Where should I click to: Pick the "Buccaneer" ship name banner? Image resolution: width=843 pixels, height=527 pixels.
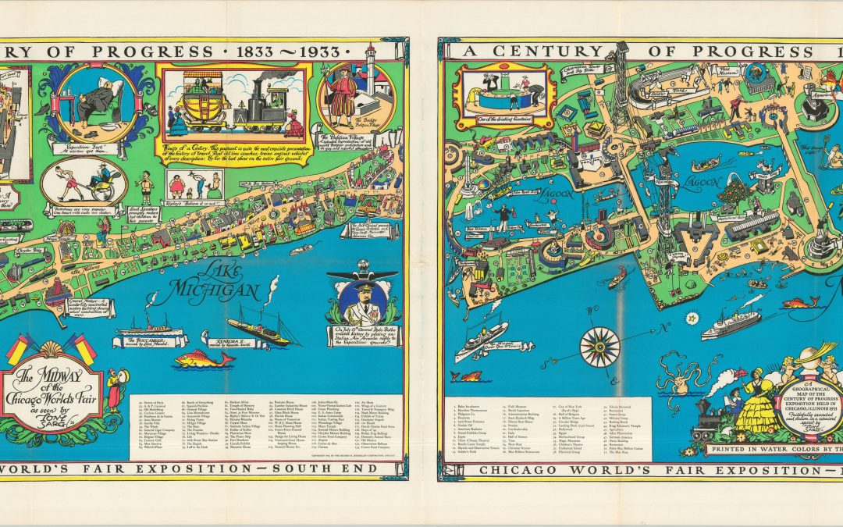(x=151, y=341)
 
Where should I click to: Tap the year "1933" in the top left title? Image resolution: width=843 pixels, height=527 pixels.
(x=315, y=52)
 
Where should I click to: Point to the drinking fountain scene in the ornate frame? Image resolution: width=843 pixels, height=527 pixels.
(x=504, y=94)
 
